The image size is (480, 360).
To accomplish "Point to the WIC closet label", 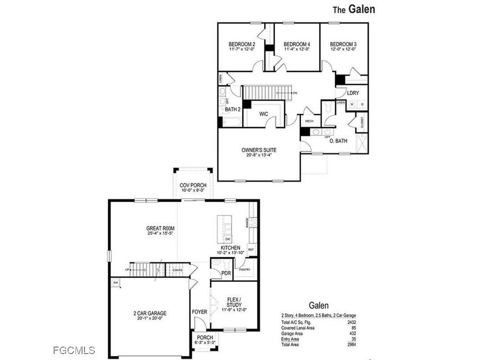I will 264,114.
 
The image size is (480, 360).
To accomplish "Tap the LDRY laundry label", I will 353,93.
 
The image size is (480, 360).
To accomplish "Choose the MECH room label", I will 309,121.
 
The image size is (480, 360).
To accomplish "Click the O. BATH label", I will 339,141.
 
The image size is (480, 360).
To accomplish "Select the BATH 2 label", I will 233,109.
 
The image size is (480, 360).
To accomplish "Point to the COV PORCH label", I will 193,185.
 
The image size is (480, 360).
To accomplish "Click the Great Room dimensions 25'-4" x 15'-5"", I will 160,233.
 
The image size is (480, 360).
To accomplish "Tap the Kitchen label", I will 231,247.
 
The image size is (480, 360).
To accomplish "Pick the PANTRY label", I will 244,270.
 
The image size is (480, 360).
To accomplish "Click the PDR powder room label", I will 226,274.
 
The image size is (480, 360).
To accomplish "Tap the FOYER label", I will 199,312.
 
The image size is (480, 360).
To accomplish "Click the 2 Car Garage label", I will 150,313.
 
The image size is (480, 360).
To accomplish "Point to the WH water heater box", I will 115,283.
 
